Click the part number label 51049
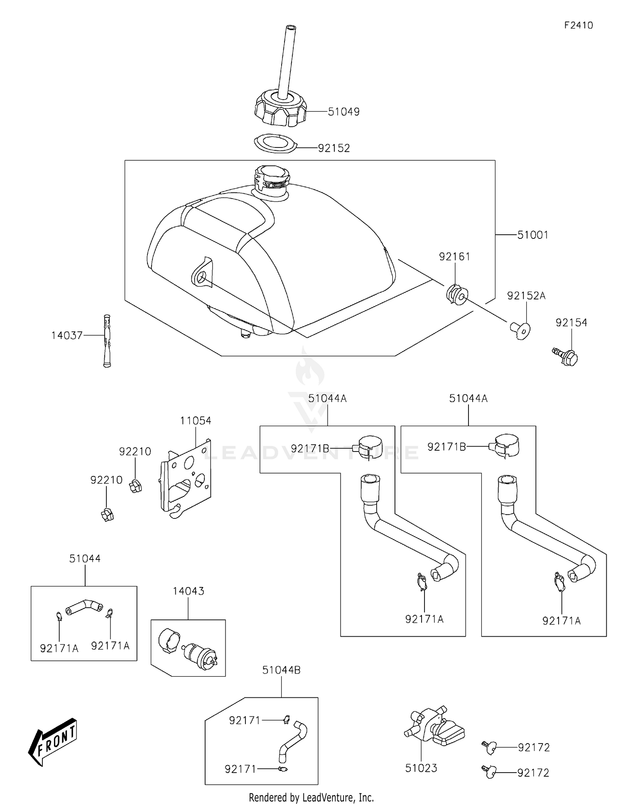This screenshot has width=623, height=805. click(343, 112)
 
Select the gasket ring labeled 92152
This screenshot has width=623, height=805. click(275, 143)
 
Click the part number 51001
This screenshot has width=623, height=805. click(532, 235)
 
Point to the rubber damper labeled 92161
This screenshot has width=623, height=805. click(456, 294)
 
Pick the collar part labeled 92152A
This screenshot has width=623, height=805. click(520, 330)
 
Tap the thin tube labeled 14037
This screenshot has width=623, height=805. click(108, 341)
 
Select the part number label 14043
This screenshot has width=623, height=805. click(189, 591)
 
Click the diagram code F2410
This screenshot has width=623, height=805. click(579, 25)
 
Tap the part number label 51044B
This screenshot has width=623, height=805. click(281, 670)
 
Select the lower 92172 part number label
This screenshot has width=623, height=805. click(533, 773)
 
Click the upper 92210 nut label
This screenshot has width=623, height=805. click(135, 452)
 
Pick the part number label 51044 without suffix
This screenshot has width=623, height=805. click(85, 559)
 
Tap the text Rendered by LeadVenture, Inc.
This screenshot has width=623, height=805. click(311, 798)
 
